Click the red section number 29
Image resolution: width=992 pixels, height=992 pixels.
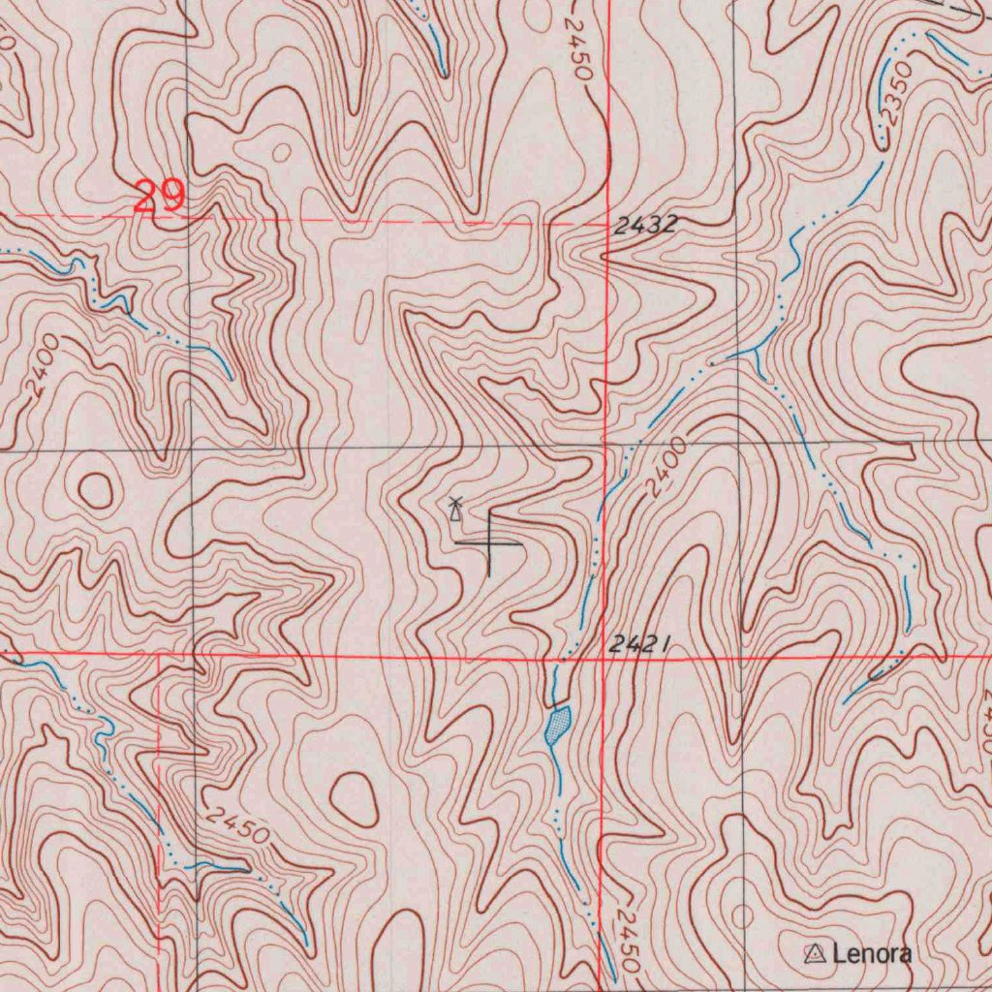159,197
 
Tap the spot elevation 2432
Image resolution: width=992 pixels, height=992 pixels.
644,226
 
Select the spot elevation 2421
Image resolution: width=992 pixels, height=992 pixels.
640,644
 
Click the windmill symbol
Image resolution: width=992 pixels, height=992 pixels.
454,509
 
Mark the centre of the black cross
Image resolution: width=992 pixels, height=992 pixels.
489,543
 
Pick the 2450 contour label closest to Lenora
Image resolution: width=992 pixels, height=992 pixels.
628,942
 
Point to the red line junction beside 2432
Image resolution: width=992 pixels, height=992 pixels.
606,222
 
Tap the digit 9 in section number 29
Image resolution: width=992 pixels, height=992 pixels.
171,197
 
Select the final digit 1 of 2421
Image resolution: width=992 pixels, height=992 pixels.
666,644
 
